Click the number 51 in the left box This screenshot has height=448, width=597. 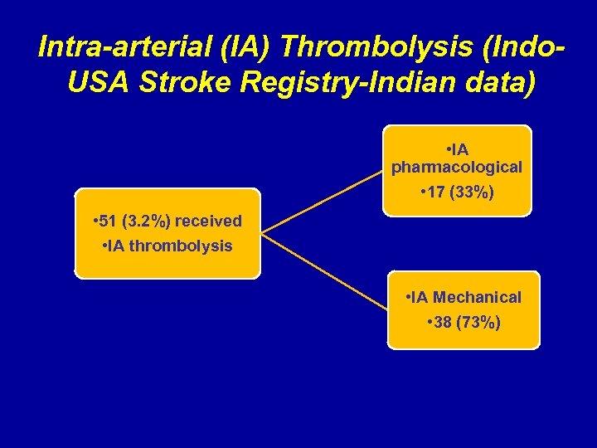click(110, 221)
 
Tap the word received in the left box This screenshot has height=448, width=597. click(208, 221)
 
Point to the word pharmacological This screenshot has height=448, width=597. click(457, 167)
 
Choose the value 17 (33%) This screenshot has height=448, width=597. click(457, 193)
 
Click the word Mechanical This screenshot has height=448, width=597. click(478, 297)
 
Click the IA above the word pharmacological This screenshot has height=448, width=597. click(459, 149)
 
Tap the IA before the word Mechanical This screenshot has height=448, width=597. click(420, 297)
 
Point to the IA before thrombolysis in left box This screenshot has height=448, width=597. click(115, 246)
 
